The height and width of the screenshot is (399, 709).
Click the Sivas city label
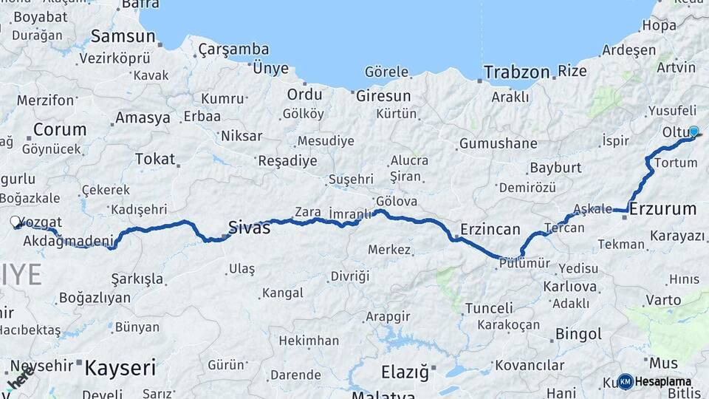pos(249,228)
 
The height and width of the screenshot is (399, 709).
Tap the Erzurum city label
pos(662,209)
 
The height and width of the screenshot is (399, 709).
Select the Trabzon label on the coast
pos(516,72)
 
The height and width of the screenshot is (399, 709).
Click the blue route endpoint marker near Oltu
pos(693,131)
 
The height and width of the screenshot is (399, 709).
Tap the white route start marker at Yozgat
pos(16,221)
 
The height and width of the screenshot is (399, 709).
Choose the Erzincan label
pos(490,229)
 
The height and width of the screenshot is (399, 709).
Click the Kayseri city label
pos(120,367)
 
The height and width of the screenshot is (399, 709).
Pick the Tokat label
pos(155,159)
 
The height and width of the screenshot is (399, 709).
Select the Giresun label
pos(383,96)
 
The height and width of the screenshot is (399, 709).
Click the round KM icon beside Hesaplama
pos(626,381)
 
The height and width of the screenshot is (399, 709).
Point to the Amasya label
pos(143,118)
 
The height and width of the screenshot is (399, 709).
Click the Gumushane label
pos(498,143)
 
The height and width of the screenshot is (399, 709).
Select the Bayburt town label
pos(555,168)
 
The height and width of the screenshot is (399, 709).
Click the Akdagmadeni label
pos(69,241)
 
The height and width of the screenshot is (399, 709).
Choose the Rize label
pos(572,72)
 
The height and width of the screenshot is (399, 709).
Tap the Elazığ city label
pos(405,372)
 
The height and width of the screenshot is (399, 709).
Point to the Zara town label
pos(308,212)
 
